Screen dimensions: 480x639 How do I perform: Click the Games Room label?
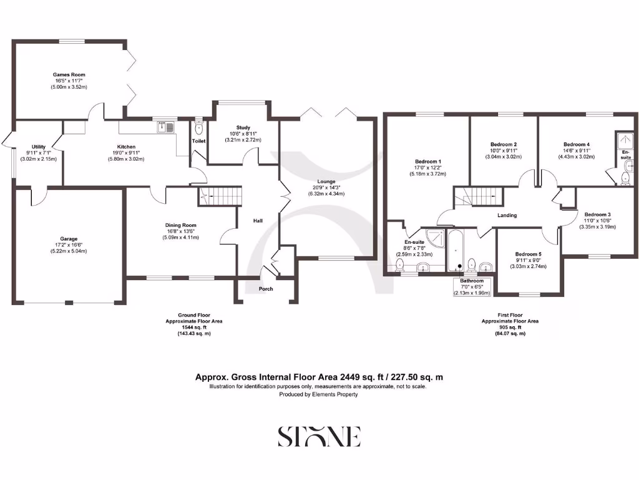click(69, 74)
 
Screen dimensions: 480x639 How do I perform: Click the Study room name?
click(243, 127)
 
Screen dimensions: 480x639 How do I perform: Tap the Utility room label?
click(39, 146)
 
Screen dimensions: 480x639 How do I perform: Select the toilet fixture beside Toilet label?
click(199, 129)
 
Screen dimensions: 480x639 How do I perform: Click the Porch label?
click(266, 289)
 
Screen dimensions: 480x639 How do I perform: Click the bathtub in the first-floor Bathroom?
click(456, 250)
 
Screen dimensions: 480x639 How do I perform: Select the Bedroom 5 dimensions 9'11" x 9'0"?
click(528, 261)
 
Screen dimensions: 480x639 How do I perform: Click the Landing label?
click(507, 216)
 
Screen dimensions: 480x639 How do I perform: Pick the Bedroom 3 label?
click(597, 214)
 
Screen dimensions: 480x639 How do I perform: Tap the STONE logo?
click(319, 436)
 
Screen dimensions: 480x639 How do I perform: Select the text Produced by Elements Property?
click(318, 394)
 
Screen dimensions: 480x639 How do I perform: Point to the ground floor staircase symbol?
click(220, 196)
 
